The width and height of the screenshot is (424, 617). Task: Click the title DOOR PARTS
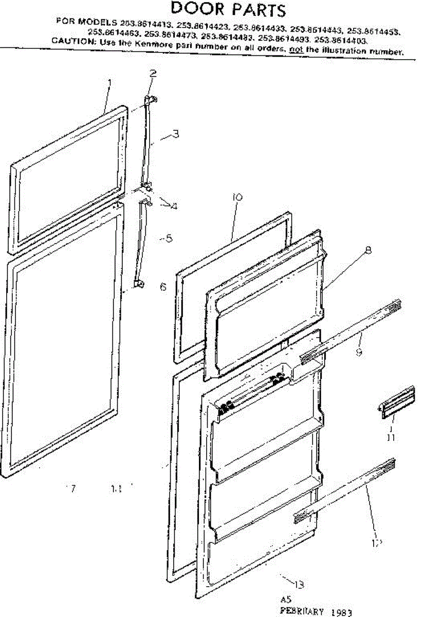coord(228,9)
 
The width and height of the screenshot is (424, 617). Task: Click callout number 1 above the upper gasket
coord(108,82)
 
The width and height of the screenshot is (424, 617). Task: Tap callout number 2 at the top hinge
coord(153,73)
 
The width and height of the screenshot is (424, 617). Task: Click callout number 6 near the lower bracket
coord(163,287)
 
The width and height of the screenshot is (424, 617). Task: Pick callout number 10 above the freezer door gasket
coord(237,197)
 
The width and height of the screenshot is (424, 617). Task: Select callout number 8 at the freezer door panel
coord(368,252)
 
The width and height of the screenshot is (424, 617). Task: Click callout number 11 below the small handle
coord(391,437)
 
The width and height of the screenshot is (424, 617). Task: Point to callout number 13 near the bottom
coord(299,584)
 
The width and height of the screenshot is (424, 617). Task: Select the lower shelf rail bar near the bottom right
coord(344,491)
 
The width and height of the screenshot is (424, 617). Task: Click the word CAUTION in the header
coord(70,41)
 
